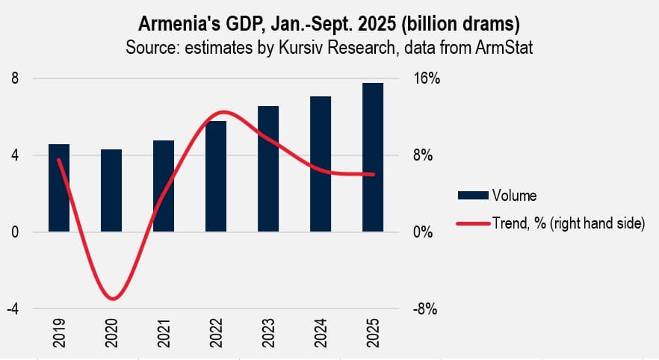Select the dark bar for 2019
pos(59,188)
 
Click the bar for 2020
pos(111,191)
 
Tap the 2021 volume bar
pos(164,187)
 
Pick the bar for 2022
pos(216,177)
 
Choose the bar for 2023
pos(268,170)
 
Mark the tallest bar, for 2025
pos(373,158)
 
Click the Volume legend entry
pos(514,196)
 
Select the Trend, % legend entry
pos(568,223)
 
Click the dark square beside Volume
pos(473,196)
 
